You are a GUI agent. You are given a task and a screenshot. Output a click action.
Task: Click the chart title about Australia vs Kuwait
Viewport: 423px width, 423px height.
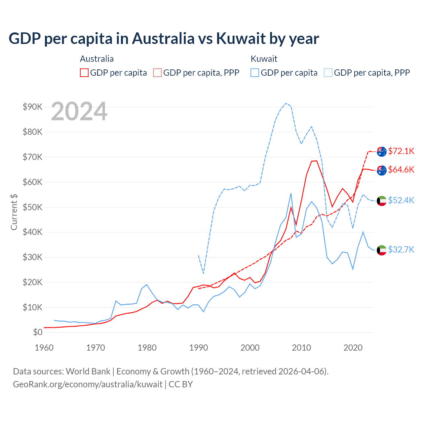coord(164,39)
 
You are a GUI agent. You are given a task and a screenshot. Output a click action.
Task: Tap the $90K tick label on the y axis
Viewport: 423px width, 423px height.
coord(32,107)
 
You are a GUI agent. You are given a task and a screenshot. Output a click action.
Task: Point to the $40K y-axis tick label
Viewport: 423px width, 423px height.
coord(32,232)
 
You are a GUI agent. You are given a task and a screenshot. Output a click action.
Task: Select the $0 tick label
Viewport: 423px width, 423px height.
coord(38,332)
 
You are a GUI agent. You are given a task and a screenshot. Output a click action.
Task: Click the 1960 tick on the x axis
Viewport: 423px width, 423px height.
coord(44,348)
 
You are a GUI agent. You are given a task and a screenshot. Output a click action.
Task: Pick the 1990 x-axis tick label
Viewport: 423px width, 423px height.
coord(199,348)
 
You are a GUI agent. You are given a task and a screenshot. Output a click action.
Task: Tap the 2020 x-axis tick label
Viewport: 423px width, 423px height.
coord(353,348)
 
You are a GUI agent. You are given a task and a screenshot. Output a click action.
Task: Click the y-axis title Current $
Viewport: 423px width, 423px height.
coord(14,212)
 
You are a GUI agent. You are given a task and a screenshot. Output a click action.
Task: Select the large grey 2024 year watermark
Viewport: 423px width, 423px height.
coord(79,111)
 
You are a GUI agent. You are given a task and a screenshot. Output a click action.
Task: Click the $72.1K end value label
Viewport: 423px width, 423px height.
coord(401,151)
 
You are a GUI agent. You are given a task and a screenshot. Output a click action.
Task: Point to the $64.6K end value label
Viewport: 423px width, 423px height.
coord(401,170)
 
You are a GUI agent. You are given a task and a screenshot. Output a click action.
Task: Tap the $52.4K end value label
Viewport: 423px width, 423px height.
coord(401,201)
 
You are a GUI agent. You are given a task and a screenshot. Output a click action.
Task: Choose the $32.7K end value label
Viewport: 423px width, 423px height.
coord(401,250)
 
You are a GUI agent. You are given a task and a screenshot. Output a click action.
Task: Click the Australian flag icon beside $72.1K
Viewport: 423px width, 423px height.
coord(382,152)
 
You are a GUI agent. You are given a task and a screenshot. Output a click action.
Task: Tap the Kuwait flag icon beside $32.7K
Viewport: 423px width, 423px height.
coord(382,250)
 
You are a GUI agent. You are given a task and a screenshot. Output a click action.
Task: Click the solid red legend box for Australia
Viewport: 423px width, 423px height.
coord(84,73)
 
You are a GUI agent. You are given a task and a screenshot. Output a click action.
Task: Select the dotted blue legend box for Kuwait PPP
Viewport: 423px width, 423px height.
coord(328,73)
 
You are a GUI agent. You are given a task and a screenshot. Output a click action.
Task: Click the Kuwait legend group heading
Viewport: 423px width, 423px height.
coord(264,59)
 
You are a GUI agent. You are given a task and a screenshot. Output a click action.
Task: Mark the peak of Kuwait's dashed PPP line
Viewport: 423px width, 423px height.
coord(286,103)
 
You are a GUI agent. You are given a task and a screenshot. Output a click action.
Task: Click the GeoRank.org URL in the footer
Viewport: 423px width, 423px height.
coord(88,384)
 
